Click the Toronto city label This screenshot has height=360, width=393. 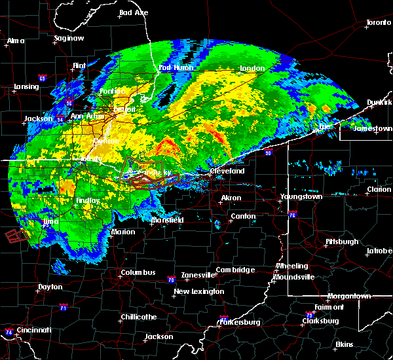pyautogui.click(x=378, y=23)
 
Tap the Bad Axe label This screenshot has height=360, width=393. pyautogui.click(x=134, y=12)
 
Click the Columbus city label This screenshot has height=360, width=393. pyautogui.click(x=138, y=273)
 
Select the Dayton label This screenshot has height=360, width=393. pyautogui.click(x=50, y=287)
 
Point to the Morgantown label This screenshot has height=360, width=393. pyautogui.click(x=349, y=297)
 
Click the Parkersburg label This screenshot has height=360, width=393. pyautogui.click(x=239, y=322)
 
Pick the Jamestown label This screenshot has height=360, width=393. pyautogui.click(x=373, y=129)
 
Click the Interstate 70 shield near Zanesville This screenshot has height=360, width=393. pyautogui.click(x=170, y=280)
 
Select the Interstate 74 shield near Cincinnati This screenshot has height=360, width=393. pyautogui.click(x=8, y=332)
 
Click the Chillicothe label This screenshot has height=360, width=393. pyautogui.click(x=139, y=317)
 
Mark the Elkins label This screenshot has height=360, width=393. pyautogui.click(x=344, y=344)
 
